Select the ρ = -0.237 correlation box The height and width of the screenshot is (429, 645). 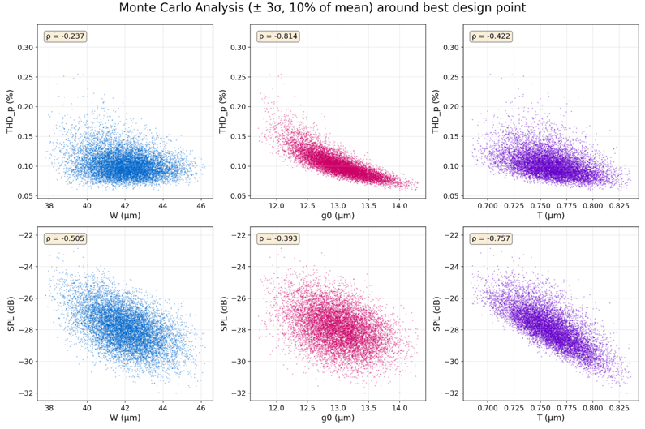click(64, 36)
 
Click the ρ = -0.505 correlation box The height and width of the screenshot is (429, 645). click(64, 239)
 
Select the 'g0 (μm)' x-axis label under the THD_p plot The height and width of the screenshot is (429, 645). click(338, 217)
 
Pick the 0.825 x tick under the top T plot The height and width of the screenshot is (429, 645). click(618, 206)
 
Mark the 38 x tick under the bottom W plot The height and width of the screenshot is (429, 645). click(49, 408)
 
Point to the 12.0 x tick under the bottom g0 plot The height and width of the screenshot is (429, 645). click(277, 408)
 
